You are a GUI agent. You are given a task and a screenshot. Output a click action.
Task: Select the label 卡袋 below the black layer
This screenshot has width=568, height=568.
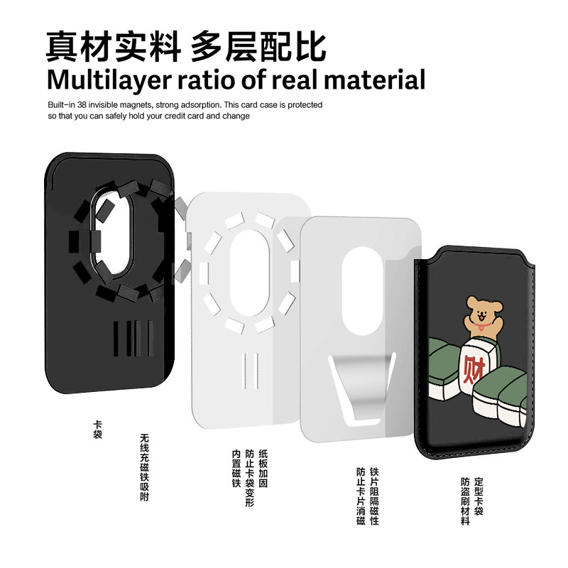point(97,430)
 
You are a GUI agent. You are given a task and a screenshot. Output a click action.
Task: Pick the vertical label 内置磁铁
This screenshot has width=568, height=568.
point(236,467)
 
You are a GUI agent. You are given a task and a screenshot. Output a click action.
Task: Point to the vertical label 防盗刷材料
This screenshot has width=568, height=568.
point(465,501)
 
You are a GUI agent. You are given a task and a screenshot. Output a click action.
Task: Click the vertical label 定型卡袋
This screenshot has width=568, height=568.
point(479,496)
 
